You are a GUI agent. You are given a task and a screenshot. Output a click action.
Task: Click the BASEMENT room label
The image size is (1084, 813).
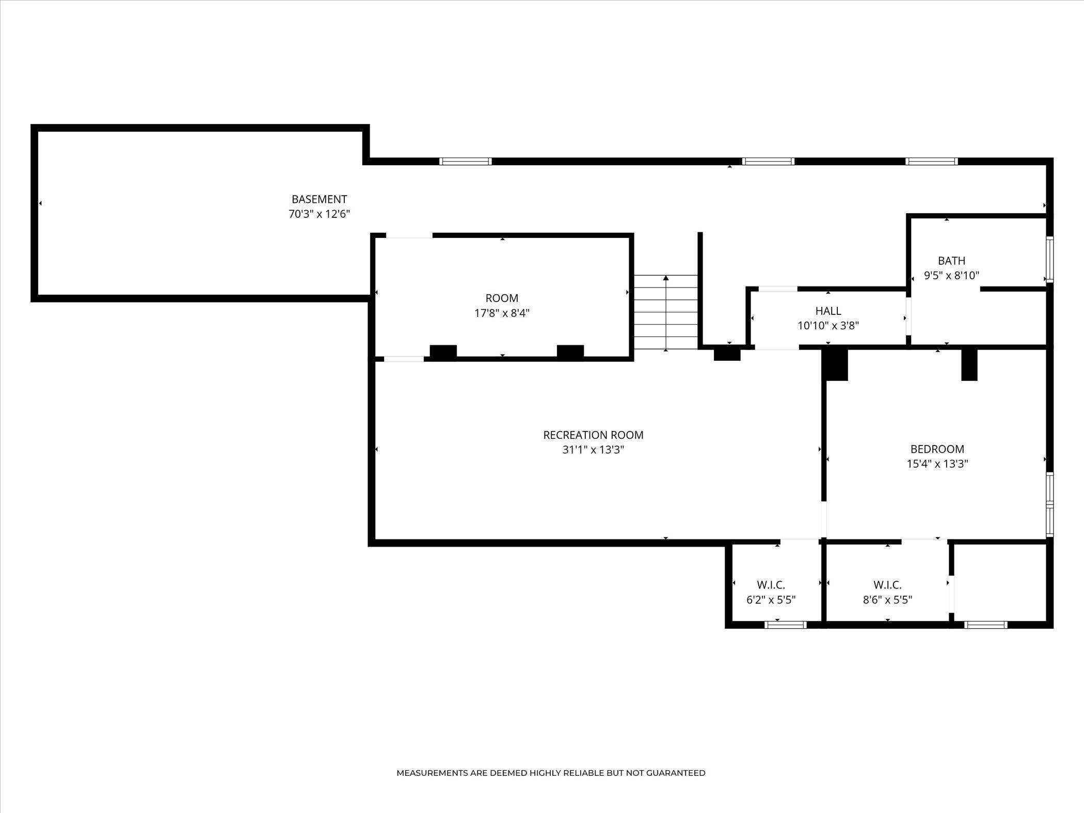click(x=319, y=199)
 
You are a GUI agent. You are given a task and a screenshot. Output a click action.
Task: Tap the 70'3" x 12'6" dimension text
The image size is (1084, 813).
click(x=319, y=214)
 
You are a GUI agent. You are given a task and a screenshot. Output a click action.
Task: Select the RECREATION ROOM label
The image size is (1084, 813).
click(x=593, y=435)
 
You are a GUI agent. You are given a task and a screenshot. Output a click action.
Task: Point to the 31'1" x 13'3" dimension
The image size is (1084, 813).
click(x=593, y=450)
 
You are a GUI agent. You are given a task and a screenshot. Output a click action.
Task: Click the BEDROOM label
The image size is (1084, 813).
click(x=937, y=449)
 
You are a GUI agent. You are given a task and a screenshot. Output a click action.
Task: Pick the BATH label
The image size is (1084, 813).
click(x=951, y=261)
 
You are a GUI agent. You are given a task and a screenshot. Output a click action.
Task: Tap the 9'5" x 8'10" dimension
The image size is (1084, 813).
click(x=951, y=276)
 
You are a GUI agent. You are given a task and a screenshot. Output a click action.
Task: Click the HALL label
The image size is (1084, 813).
click(x=828, y=311)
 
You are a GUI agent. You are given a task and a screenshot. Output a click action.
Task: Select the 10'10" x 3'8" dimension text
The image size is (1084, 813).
click(x=828, y=326)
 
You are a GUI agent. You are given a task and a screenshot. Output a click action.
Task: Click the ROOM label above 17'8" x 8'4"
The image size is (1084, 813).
click(x=502, y=298)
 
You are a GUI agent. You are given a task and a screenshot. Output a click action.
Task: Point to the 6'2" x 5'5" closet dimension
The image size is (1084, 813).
click(x=771, y=600)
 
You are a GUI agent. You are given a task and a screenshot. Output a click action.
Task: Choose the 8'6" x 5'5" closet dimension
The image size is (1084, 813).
click(x=887, y=600)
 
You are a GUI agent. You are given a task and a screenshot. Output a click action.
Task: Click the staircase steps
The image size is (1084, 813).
click(x=666, y=313)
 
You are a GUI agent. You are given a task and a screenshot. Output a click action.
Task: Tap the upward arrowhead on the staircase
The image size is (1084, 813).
click(x=666, y=278)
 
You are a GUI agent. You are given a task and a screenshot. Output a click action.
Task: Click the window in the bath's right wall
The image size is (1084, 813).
click(x=1049, y=259)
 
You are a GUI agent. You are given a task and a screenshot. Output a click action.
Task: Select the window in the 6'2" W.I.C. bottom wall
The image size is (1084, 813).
click(x=785, y=625)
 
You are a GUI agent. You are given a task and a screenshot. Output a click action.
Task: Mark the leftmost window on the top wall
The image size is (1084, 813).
click(x=465, y=161)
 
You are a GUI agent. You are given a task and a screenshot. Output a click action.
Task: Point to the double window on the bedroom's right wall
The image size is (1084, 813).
click(x=1049, y=504)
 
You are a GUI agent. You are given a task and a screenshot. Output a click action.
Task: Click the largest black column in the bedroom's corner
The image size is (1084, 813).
click(x=835, y=365)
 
